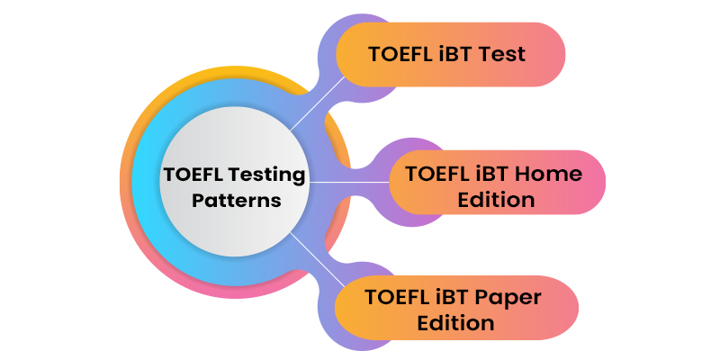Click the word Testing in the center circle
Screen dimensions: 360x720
tap(265, 175)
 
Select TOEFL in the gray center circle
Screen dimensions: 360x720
tap(193, 175)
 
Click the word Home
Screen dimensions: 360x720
tap(553, 174)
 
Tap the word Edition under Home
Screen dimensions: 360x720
tap(496, 199)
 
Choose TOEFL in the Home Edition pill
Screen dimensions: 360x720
tap(442, 174)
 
